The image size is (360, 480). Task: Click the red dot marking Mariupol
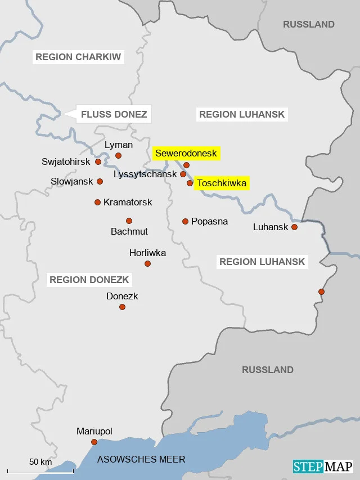tap(94, 442)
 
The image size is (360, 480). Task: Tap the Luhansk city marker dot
tap(294, 227)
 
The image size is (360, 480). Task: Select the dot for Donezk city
tap(122, 307)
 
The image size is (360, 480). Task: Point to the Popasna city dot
tap(185, 221)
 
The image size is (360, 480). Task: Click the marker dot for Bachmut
tap(129, 221)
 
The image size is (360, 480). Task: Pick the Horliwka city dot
tap(147, 263)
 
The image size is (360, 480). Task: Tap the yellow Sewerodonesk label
tap(186, 153)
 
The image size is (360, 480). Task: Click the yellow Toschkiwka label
tap(222, 183)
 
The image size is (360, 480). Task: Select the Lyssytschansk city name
tap(145, 174)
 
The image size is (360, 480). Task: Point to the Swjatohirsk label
tap(66, 162)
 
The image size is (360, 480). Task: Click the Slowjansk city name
tap(71, 182)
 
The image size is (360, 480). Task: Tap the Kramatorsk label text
tap(128, 202)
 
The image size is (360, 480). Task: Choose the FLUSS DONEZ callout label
tap(114, 115)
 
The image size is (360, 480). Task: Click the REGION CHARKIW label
tap(78, 57)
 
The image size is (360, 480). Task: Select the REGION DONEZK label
tap(89, 280)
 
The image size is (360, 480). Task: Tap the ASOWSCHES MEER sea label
tap(141, 459)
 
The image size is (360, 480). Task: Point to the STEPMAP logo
tap(322, 466)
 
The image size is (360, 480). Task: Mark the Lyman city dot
tap(118, 155)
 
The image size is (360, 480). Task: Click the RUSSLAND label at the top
tap(309, 24)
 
